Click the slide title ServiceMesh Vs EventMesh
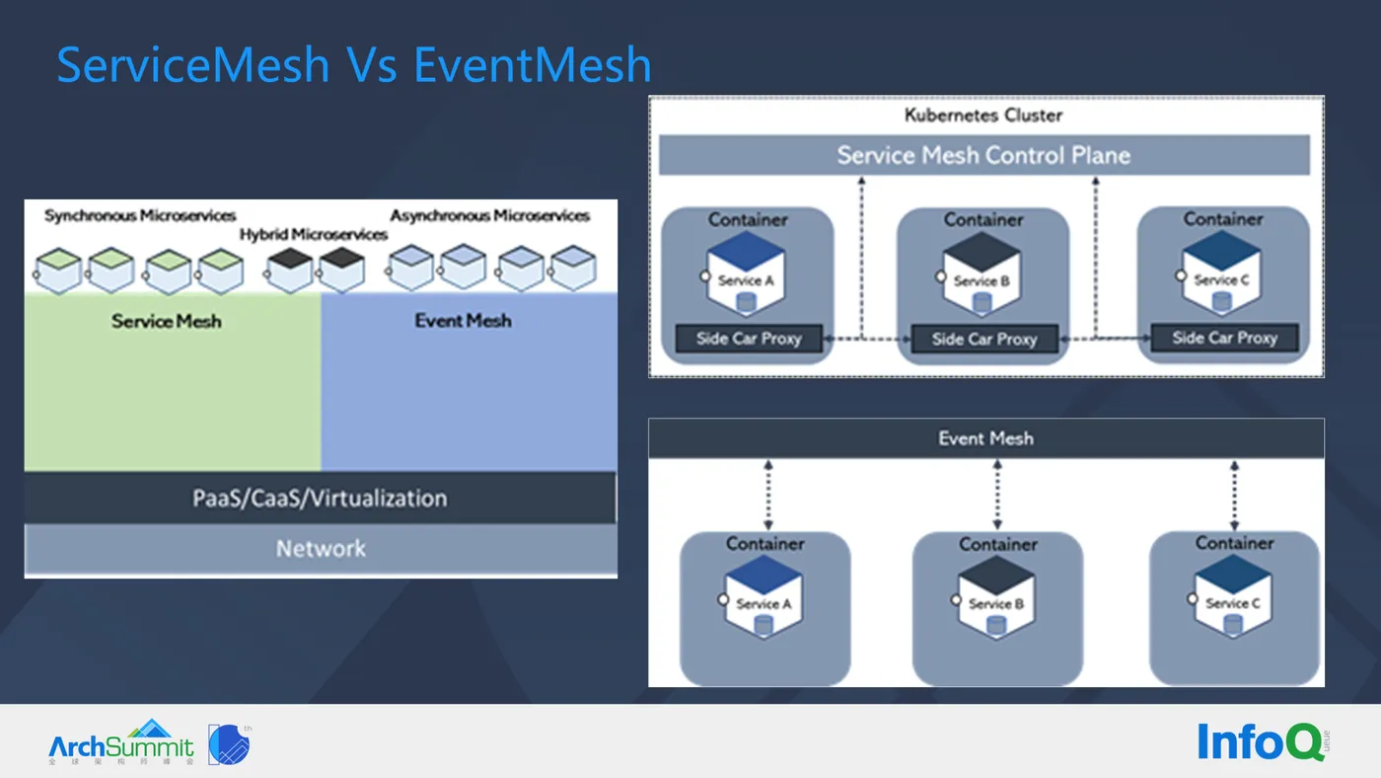coord(354,65)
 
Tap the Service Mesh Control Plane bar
coord(983,155)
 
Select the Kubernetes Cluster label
coord(983,116)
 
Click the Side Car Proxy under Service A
coord(749,339)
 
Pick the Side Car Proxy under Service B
coord(983,340)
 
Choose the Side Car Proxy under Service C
coord(1224,338)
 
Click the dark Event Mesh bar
coord(985,438)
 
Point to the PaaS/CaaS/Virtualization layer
coord(320,498)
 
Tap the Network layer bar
coord(320,549)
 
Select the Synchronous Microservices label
coord(140,215)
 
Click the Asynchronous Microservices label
coord(489,215)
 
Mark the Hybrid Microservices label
coord(314,235)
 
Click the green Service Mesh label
coord(166,321)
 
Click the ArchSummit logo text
coord(121,744)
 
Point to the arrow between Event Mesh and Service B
coord(997,495)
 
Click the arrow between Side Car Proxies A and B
coord(864,339)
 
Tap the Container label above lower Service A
coord(764,543)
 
